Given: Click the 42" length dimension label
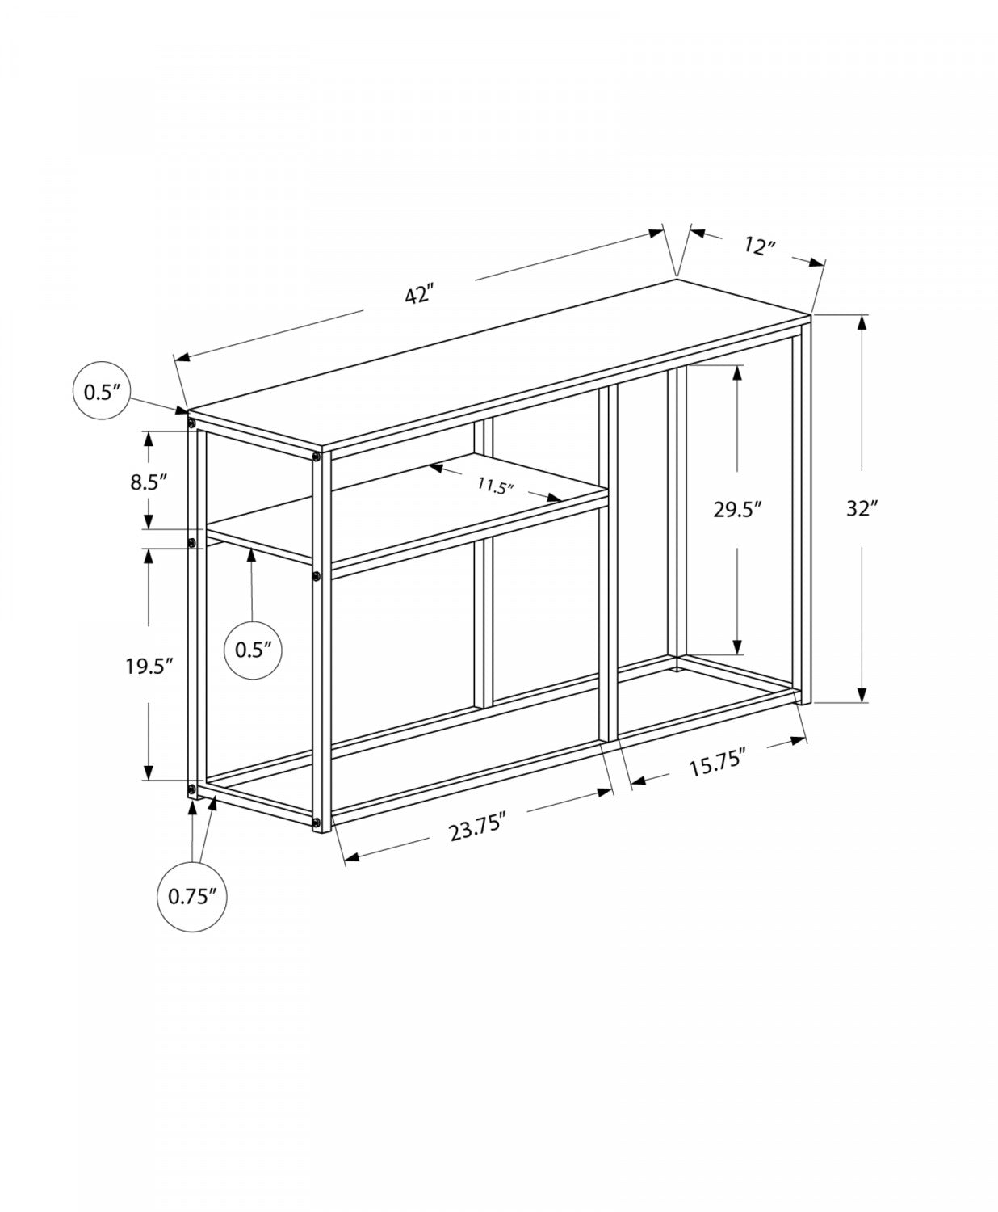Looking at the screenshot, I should [x=420, y=296].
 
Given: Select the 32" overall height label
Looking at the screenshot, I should [x=862, y=508].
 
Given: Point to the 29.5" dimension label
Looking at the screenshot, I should [x=737, y=508].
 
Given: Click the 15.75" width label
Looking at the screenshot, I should [x=717, y=763].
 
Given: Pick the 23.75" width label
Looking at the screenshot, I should [x=478, y=829].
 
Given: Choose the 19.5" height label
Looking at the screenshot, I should [x=150, y=667].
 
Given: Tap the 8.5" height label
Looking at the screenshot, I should [x=149, y=482].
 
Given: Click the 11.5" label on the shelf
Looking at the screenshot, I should [x=495, y=487].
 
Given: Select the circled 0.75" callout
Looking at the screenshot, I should [x=192, y=896].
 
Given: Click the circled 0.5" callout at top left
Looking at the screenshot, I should [x=102, y=391].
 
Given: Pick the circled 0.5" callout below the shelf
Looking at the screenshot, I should [x=253, y=649].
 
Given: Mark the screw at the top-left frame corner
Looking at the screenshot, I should [x=191, y=423].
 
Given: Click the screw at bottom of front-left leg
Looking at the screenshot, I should [x=316, y=824].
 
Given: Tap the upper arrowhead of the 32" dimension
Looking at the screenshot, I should [x=862, y=322].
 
